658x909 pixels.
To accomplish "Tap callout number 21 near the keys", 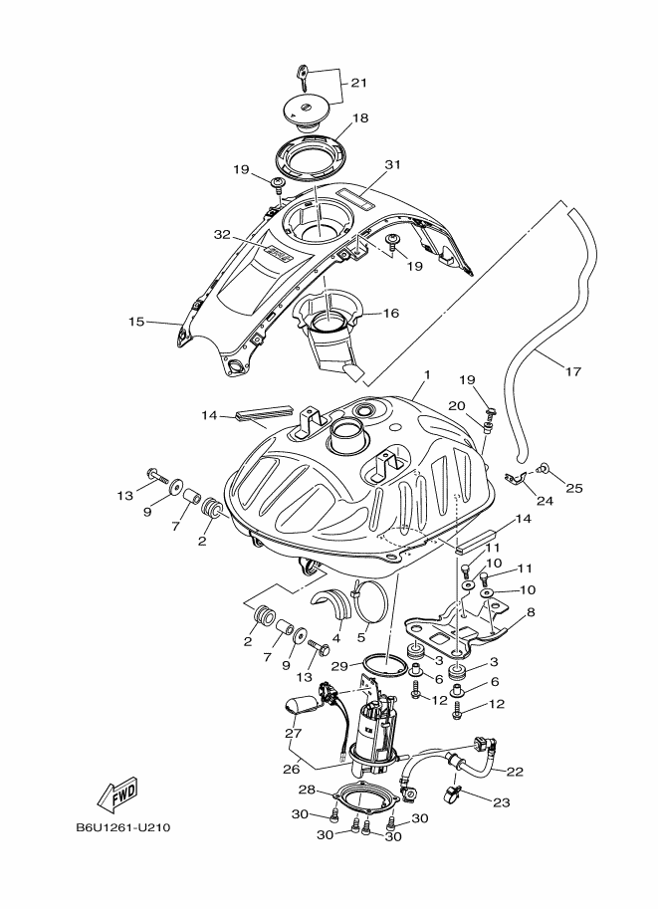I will coord(358,82).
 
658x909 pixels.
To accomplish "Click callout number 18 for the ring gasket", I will coord(359,117).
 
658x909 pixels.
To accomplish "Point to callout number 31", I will coord(392,164).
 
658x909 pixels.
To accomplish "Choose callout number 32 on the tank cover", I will coord(222,236).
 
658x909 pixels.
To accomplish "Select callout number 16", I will coord(390,313).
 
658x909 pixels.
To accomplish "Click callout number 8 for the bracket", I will coord(531,613).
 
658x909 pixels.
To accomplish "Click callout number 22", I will coord(515,771).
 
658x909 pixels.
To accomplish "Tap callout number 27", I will coord(294,734).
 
